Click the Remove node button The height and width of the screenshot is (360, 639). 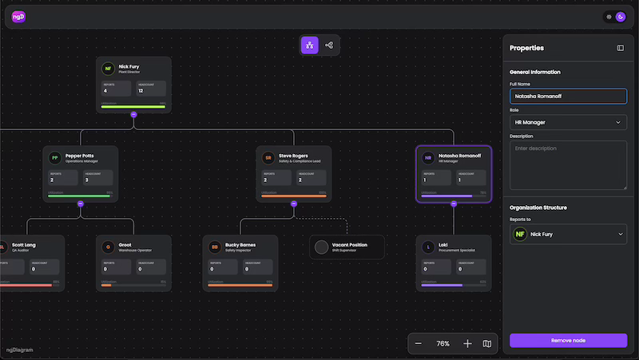(568, 340)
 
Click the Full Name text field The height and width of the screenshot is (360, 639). (568, 97)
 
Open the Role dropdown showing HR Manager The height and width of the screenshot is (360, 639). (568, 122)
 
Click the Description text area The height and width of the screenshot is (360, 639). (568, 165)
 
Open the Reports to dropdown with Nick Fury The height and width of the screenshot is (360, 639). (568, 234)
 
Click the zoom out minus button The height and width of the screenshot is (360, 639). (419, 344)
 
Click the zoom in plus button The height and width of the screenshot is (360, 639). (467, 344)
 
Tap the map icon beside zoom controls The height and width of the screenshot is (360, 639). (487, 344)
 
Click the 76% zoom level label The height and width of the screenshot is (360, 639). (443, 344)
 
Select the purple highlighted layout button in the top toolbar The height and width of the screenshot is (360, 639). (309, 45)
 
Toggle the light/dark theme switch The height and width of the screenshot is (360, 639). (615, 17)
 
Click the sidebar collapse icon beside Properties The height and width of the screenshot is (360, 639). (620, 48)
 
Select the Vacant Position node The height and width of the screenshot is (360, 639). (347, 247)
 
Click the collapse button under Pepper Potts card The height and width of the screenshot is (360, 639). (81, 204)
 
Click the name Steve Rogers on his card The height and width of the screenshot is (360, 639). (293, 155)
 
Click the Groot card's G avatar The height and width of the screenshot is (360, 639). (107, 247)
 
